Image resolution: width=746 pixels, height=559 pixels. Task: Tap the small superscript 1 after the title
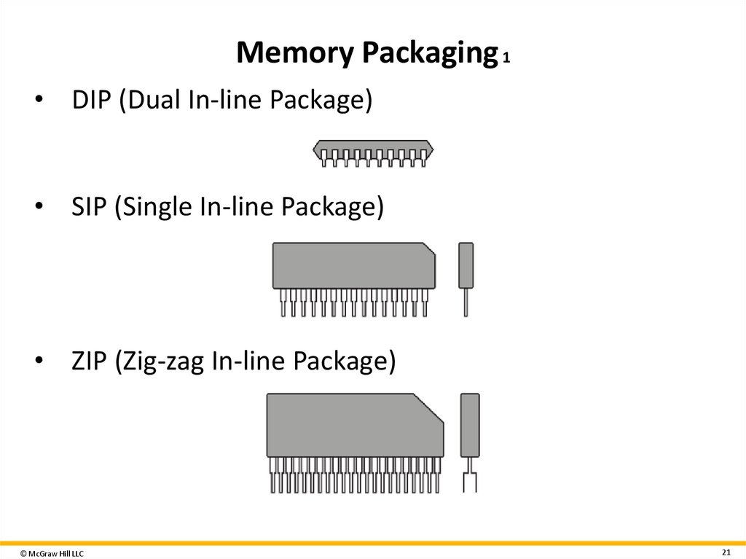pos(506,59)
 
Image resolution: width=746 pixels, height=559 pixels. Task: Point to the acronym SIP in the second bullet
pos(89,208)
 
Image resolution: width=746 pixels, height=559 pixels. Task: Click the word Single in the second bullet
pos(154,208)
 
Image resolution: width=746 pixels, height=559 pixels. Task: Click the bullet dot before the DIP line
pos(41,101)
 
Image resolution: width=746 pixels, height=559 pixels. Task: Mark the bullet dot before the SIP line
pos(41,208)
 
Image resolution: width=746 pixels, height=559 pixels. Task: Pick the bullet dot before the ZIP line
pos(41,362)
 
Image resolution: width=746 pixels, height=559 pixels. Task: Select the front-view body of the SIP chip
pos(353,265)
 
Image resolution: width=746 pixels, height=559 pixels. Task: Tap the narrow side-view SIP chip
pos(466,265)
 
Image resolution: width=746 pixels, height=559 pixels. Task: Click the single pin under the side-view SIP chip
pos(466,302)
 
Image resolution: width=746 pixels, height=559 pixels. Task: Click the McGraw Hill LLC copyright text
pos(52,554)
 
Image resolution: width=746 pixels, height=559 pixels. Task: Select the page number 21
pos(726,550)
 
